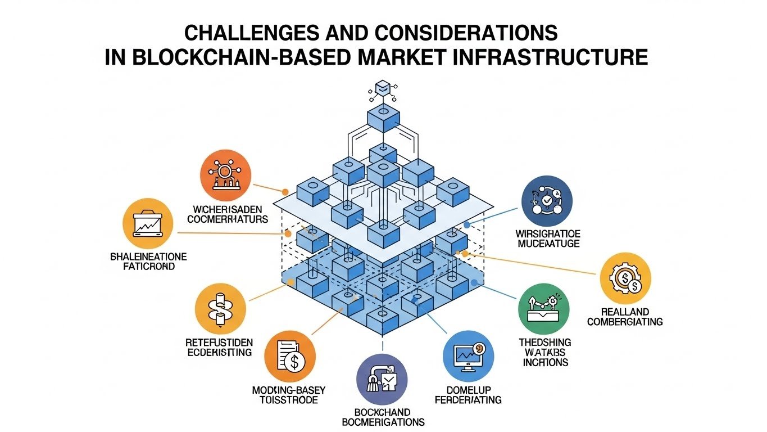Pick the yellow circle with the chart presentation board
pos(147,225)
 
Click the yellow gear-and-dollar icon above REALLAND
pos(625,278)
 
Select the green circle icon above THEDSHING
pos(543,309)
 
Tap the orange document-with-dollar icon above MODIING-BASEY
pos(289,357)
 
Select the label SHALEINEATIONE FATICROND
pos(148,262)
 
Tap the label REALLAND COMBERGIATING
pos(624,317)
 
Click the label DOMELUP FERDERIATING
pos(468,395)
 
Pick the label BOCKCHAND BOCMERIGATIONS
pos(383,417)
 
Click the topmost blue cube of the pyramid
pos(383,118)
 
